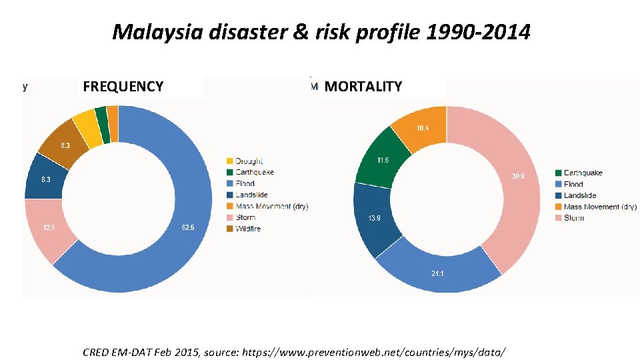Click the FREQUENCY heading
pos(123,87)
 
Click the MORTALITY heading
pos(363,87)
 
